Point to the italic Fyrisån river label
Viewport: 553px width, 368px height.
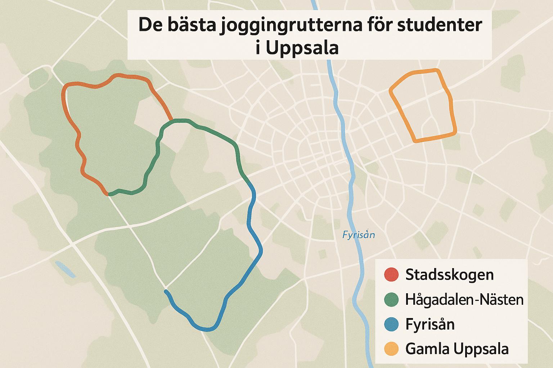[x=358, y=235]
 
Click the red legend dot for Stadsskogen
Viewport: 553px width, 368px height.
[x=391, y=275]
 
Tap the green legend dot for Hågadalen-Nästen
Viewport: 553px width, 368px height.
[x=391, y=299]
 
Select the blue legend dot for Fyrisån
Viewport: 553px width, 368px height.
[x=391, y=324]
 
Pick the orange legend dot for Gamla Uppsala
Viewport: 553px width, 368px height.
[x=391, y=349]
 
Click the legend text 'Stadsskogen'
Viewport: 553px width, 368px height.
[x=449, y=275]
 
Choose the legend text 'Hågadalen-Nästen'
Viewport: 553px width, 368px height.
[x=464, y=299]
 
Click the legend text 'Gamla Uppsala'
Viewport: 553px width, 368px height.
[x=457, y=349]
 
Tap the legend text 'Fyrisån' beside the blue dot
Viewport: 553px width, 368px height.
[x=430, y=324]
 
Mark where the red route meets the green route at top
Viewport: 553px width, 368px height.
[x=172, y=120]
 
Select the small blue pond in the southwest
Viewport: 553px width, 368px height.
[x=65, y=269]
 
